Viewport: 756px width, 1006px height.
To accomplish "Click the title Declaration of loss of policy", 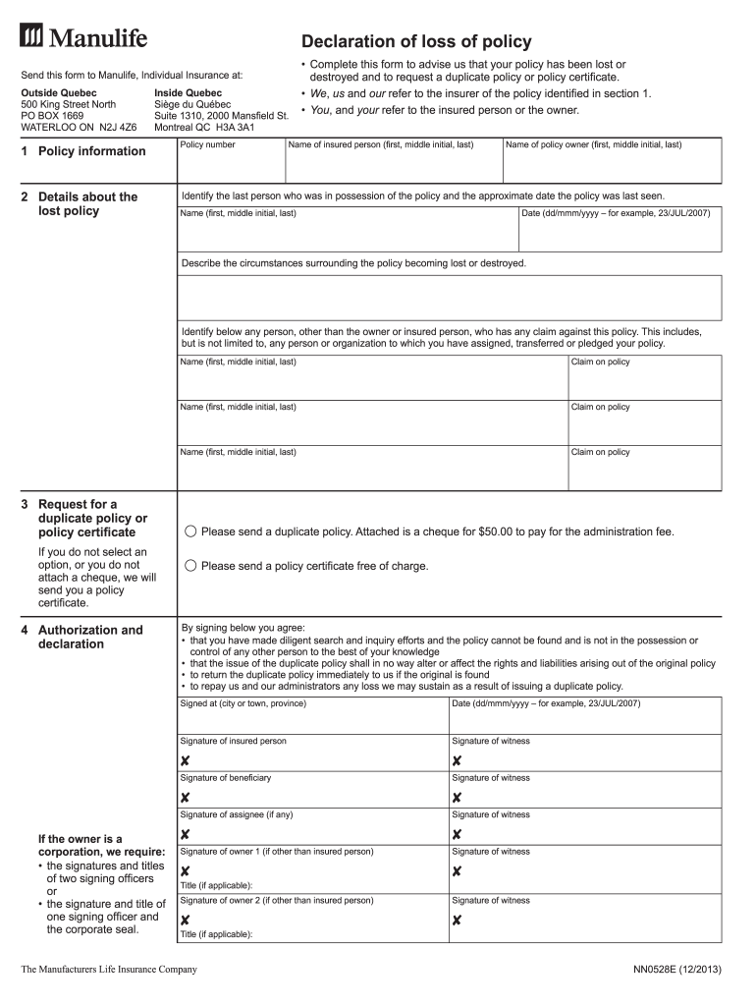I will tap(416, 41).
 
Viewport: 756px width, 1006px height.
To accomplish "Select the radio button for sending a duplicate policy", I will tap(190, 531).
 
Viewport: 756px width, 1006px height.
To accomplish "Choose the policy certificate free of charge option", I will tap(190, 566).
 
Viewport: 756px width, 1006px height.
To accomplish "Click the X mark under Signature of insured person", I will tap(185, 761).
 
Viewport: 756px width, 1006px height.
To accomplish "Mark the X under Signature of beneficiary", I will tap(185, 798).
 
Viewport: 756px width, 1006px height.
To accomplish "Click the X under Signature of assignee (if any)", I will tap(185, 834).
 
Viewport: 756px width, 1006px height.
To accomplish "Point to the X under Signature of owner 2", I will tap(185, 921).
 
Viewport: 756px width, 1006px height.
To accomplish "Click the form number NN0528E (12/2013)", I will tap(677, 971).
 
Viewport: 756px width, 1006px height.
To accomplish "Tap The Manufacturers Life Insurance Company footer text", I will tap(109, 971).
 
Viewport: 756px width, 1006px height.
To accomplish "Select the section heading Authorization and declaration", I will tap(89, 637).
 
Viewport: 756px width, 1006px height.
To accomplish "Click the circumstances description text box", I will tap(449, 298).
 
